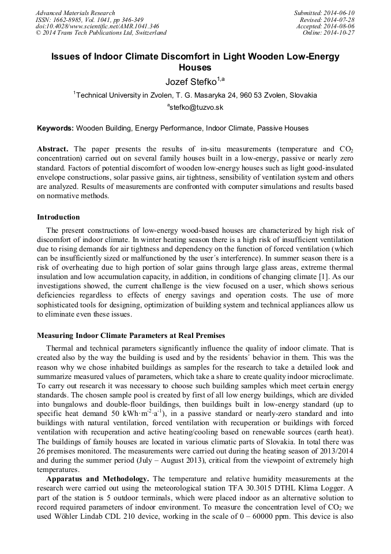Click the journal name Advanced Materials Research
coord(75,13)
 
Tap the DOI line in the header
coord(97,26)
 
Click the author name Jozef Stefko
coord(191,81)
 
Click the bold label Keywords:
coord(55,128)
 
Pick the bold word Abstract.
coord(53,148)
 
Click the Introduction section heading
coord(58,217)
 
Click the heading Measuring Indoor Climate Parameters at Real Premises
coord(131,335)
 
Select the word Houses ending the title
coord(195,68)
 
